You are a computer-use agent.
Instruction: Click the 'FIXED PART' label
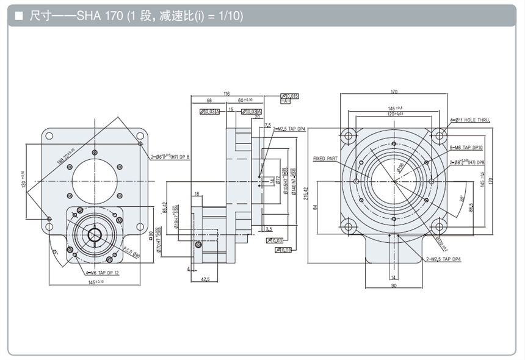[x=327, y=159]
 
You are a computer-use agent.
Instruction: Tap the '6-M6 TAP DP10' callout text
[x=466, y=148]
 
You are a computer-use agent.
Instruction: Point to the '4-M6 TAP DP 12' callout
[x=102, y=273]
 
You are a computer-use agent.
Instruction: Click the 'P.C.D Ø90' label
[x=132, y=251]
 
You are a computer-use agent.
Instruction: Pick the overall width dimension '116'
[x=226, y=94]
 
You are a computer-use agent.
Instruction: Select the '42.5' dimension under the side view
[x=205, y=279]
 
